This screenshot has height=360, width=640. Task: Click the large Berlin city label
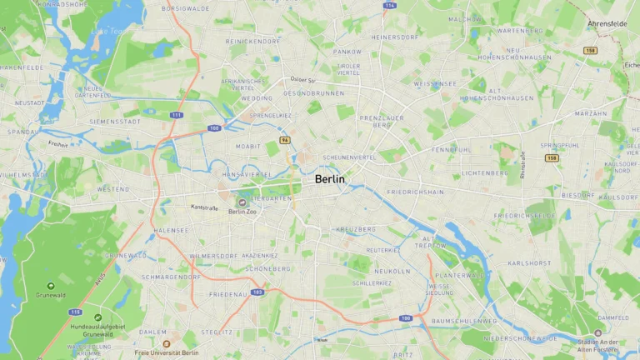[330, 179]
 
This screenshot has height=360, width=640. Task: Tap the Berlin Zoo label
[242, 212]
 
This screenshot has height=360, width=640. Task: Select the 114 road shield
[389, 5]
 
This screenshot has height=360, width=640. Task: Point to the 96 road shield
[285, 140]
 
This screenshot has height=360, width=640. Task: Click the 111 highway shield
[176, 115]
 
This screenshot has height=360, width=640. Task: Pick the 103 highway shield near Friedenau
[257, 292]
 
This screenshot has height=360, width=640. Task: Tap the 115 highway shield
[76, 312]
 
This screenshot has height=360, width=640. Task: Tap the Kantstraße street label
[204, 207]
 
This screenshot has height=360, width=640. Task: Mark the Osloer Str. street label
[303, 80]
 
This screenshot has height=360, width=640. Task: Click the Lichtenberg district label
[484, 172]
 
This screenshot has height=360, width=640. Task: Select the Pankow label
[347, 51]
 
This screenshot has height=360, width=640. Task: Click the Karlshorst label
[529, 262]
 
